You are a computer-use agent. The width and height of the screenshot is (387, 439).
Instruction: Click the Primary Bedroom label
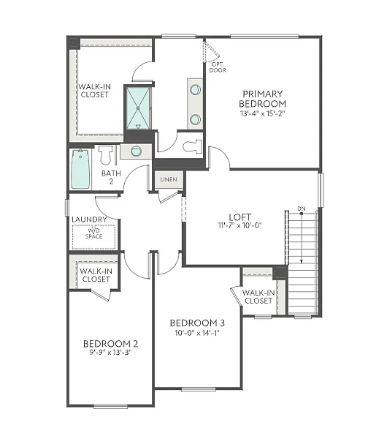pos(263,98)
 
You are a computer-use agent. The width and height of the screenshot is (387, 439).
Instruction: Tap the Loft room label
pos(240,217)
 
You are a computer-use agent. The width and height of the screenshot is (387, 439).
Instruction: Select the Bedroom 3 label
pos(197,323)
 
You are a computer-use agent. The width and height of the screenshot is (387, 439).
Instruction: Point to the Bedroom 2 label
pos(110,343)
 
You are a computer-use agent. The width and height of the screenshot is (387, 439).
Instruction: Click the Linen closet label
pos(169,179)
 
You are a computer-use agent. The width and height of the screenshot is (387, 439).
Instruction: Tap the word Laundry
pos(90,219)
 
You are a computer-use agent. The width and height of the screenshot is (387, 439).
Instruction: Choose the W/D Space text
pos(94,233)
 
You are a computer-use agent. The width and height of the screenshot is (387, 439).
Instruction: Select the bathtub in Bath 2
pos(80,169)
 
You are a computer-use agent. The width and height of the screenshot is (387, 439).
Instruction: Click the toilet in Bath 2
pos(106,155)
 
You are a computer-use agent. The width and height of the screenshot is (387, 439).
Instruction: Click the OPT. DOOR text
pos(218,67)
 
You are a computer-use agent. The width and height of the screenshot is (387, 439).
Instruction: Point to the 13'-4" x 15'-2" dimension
pos(263,113)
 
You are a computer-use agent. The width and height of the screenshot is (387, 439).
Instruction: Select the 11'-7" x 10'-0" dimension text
pos(240,225)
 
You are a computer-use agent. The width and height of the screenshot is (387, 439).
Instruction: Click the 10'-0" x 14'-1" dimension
pos(197,333)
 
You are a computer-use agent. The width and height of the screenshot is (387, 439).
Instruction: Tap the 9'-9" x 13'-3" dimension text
pos(110,352)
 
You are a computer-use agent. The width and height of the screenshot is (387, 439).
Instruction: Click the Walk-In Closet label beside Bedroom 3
pos(259,297)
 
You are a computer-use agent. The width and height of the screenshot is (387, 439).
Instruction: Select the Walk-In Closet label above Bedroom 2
pos(96,275)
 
